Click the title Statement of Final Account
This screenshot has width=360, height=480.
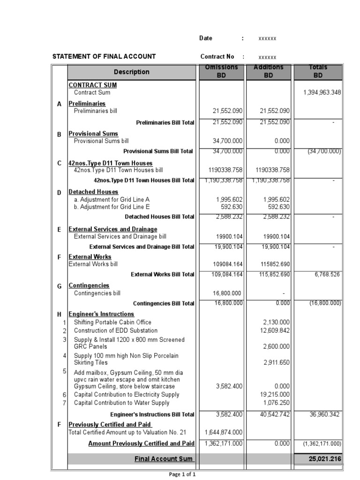[x=104, y=57]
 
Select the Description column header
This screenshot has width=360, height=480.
[x=131, y=72]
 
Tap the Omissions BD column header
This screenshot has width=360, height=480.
[x=221, y=71]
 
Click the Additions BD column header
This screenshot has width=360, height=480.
[x=269, y=71]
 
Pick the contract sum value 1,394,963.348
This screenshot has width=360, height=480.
[x=322, y=93]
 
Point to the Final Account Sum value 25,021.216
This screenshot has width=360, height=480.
[x=325, y=459]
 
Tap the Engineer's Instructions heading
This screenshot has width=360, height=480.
[x=101, y=314]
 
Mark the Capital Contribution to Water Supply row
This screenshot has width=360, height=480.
[x=121, y=403]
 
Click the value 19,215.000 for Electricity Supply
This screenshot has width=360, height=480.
[x=276, y=395]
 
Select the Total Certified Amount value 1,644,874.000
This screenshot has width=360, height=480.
[x=224, y=432]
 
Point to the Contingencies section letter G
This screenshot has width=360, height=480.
[x=60, y=286]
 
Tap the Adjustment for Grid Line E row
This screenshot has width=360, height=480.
[x=112, y=207]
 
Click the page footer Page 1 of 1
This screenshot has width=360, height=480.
[x=182, y=474]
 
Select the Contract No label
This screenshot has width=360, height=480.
[x=217, y=57]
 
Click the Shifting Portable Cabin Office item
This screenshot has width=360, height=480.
[x=112, y=322]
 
